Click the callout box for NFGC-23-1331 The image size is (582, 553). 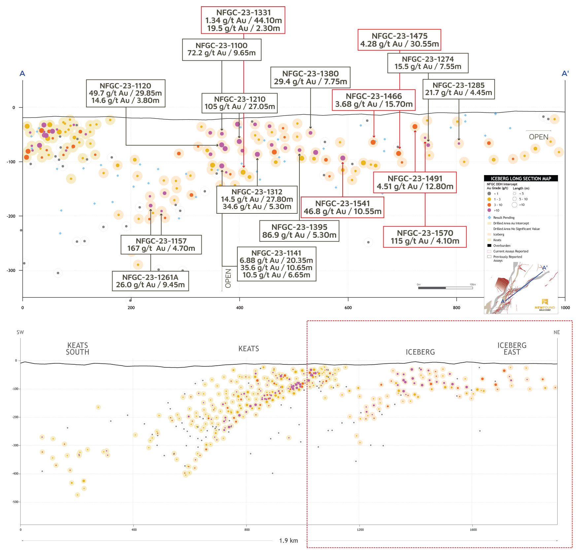tap(243, 20)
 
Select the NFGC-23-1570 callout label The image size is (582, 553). tap(425, 237)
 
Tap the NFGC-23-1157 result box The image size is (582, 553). tap(161, 245)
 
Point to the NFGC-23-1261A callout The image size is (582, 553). tap(150, 281)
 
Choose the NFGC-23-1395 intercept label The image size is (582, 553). tap(299, 231)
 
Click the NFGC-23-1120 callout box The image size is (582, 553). tap(125, 93)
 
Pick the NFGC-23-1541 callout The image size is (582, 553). tap(343, 207)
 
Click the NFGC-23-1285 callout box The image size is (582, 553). tap(459, 89)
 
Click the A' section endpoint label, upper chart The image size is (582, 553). tap(565, 74)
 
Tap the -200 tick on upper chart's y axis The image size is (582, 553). tap(11, 216)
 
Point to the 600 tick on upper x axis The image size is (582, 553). tap(348, 308)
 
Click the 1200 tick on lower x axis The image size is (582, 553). tap(360, 530)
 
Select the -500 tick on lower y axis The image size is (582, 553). tap(15, 502)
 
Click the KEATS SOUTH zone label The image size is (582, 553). tap(78, 349)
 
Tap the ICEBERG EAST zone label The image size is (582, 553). tap(512, 349)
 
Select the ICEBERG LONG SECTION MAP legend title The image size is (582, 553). tap(521, 179)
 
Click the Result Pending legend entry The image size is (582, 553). tap(503, 218)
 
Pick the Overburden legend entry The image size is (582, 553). tap(501, 246)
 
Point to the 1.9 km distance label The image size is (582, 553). tap(289, 541)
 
